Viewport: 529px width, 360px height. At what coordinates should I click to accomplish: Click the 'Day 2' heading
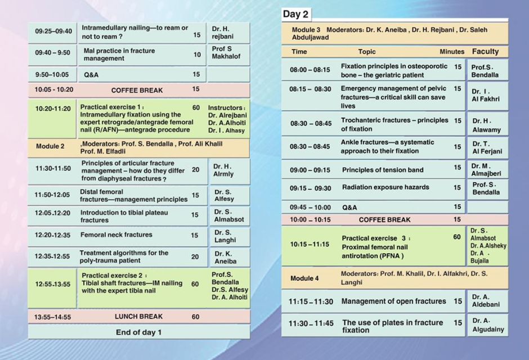click(295, 14)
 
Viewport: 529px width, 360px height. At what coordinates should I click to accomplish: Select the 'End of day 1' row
click(138, 332)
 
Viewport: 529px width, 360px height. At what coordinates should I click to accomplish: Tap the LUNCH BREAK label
click(138, 317)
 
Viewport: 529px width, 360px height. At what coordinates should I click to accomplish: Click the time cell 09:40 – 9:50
click(52, 52)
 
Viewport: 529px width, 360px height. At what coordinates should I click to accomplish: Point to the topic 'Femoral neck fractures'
click(116, 235)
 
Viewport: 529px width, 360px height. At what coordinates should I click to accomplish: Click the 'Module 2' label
click(50, 146)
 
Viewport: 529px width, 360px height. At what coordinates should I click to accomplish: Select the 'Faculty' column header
click(485, 51)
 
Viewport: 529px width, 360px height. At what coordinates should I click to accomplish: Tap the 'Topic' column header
click(366, 52)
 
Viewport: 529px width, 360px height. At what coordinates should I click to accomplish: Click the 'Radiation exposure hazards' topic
click(385, 187)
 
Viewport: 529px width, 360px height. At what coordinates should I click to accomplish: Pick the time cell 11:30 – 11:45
click(311, 324)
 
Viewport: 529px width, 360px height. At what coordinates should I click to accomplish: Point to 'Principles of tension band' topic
click(383, 169)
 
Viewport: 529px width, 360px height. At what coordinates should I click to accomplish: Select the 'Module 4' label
click(304, 278)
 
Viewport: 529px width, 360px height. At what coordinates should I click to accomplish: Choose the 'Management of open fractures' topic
click(393, 301)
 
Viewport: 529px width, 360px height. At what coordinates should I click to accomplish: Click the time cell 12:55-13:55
click(52, 284)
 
